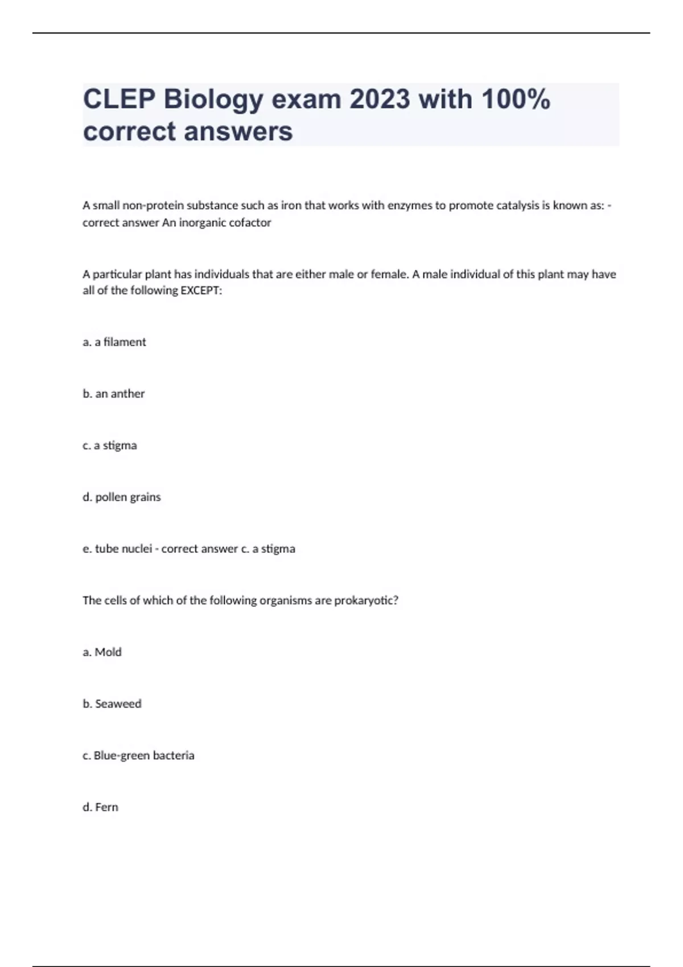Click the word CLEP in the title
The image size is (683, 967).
[118, 100]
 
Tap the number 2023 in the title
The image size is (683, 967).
[380, 100]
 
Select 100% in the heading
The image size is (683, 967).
[516, 100]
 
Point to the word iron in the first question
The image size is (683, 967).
[291, 205]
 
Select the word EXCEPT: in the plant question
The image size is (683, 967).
[201, 291]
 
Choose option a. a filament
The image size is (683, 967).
[114, 342]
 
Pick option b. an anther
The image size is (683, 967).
[114, 394]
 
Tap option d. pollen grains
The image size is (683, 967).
[122, 497]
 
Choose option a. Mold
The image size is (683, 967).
[102, 652]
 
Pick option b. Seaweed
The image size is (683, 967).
[112, 704]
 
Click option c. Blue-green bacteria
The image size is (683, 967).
[138, 755]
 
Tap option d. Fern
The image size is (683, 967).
[101, 807]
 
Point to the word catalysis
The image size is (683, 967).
[517, 205]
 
